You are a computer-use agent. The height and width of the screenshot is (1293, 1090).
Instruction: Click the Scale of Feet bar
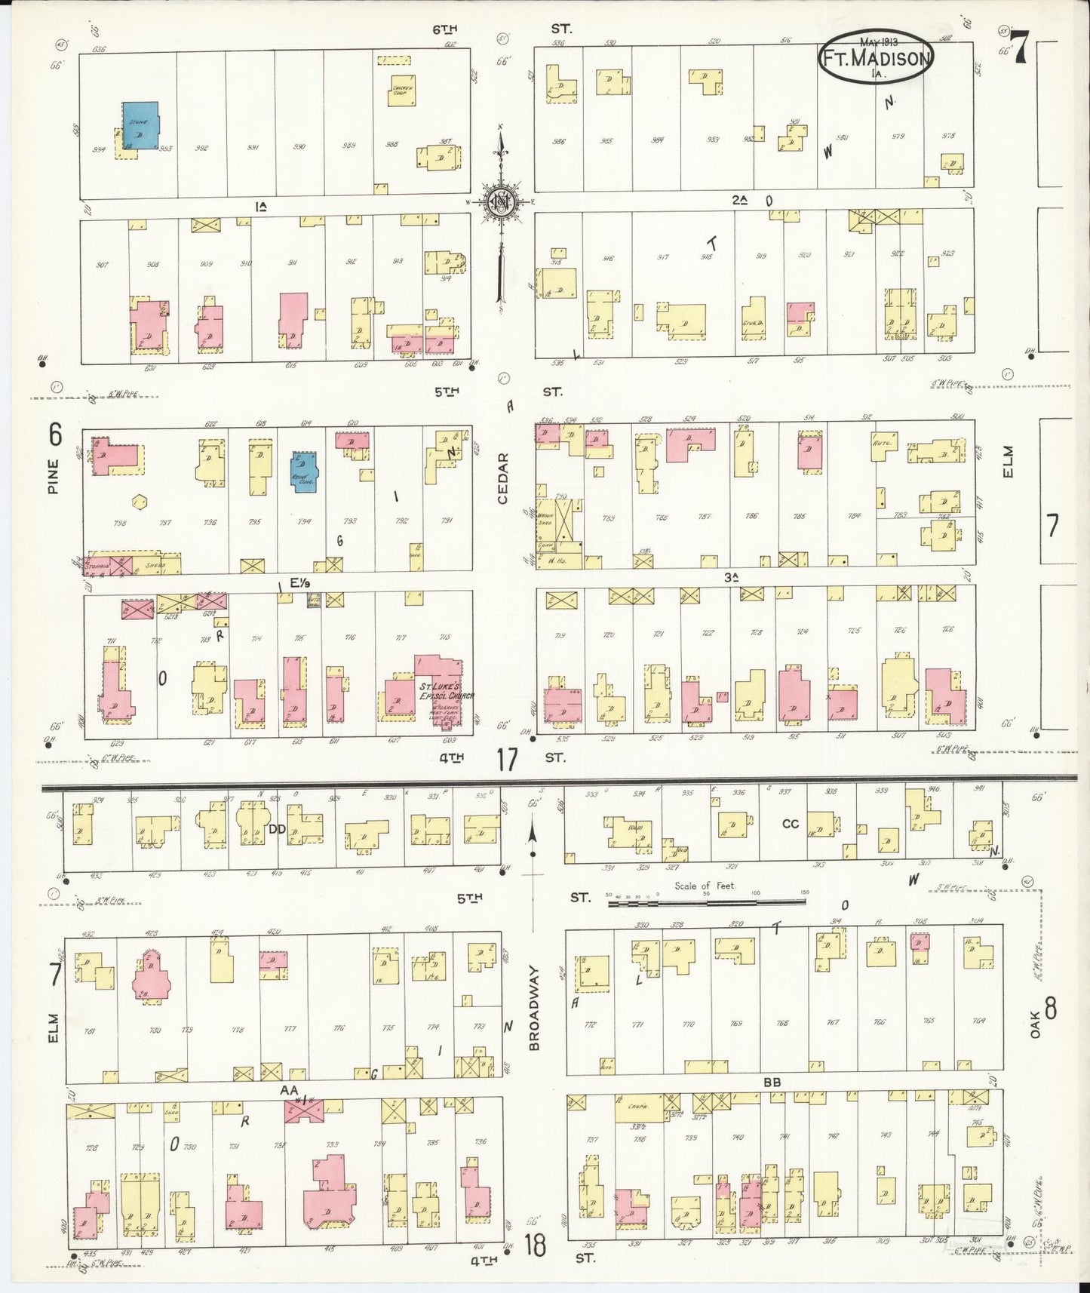point(706,901)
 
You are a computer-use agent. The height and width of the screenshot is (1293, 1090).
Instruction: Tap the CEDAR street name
point(503,478)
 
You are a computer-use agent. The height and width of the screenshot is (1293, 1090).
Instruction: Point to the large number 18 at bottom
point(534,1244)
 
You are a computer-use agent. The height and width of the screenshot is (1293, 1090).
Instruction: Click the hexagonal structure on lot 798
point(139,502)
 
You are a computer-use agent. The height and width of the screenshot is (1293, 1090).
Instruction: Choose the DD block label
point(277,828)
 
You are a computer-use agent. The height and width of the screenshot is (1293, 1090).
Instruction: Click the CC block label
point(789,823)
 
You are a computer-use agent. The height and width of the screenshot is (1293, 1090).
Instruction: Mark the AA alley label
point(287,1089)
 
